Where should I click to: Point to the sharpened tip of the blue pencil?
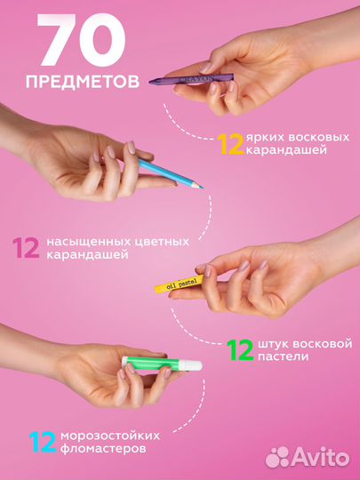(200, 185)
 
